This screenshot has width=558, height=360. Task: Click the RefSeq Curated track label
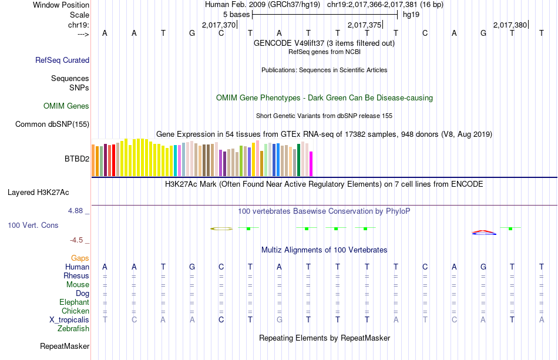pyautogui.click(x=62, y=60)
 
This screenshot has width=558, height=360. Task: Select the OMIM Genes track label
pyautogui.click(x=66, y=106)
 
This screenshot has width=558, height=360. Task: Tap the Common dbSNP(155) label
pyautogui.click(x=52, y=125)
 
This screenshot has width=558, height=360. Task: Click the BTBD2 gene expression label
pyautogui.click(x=77, y=159)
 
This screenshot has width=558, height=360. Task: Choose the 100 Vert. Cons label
pyautogui.click(x=33, y=225)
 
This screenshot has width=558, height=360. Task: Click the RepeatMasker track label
pyautogui.click(x=65, y=346)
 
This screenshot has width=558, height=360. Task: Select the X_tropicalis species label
pyautogui.click(x=69, y=319)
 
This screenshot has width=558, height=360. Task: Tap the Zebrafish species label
pyautogui.click(x=73, y=329)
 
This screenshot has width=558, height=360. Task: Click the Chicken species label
pyautogui.click(x=75, y=311)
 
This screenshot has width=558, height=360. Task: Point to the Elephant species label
pyautogui.click(x=74, y=302)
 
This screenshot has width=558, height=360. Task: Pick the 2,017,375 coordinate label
pyautogui.click(x=365, y=25)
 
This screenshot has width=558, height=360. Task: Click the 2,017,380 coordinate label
pyautogui.click(x=510, y=25)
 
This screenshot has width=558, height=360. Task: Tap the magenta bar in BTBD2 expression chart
pyautogui.click(x=311, y=163)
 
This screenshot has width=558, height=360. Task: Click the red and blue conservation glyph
pyautogui.click(x=484, y=232)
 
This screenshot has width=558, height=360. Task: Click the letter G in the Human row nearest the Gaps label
pyautogui.click(x=192, y=267)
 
